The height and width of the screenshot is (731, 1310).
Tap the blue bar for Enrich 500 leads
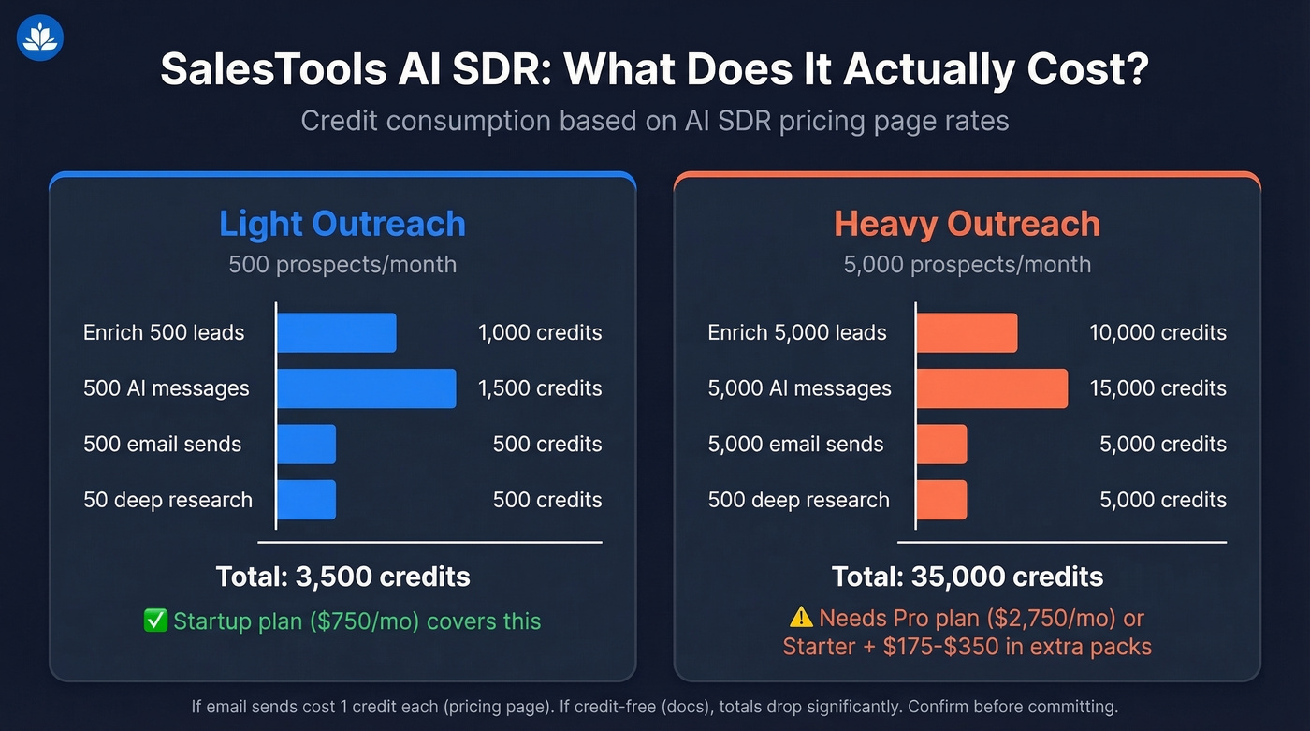(336, 333)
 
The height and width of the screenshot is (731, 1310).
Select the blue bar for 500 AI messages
(366, 388)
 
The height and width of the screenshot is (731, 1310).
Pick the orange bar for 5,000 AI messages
(991, 388)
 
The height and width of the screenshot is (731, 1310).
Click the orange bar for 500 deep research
(941, 500)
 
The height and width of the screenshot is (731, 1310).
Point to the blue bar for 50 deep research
(306, 500)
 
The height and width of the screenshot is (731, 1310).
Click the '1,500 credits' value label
(540, 388)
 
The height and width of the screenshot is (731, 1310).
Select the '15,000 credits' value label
(1157, 388)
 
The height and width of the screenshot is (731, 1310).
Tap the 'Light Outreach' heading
(342, 225)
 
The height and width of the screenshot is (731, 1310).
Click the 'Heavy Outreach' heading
(967, 225)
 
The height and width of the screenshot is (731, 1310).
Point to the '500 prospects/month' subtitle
(342, 265)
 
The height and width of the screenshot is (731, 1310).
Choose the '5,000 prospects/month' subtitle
(967, 265)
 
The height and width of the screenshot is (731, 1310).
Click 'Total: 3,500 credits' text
(342, 577)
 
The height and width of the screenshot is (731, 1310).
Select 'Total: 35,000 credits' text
(967, 577)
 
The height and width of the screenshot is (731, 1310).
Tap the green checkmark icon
(155, 621)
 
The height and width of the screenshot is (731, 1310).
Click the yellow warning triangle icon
(801, 618)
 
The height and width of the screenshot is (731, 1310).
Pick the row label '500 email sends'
(162, 445)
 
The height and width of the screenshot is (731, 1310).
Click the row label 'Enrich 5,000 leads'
(796, 333)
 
